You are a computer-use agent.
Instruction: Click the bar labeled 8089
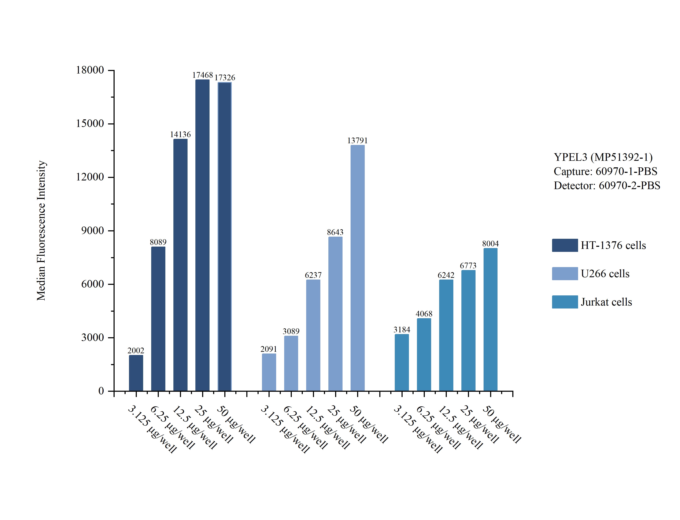[158, 319]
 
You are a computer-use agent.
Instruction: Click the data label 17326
[225, 77]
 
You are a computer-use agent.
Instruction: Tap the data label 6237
[313, 275]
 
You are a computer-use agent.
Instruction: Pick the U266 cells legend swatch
[565, 274]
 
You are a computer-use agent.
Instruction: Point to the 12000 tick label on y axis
[90, 177]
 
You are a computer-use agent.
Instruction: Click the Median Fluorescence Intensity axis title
[41, 231]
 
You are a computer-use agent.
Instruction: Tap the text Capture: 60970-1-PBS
[605, 171]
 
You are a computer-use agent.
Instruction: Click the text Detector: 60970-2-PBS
[607, 185]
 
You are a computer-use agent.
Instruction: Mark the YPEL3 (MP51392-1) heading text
[603, 157]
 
